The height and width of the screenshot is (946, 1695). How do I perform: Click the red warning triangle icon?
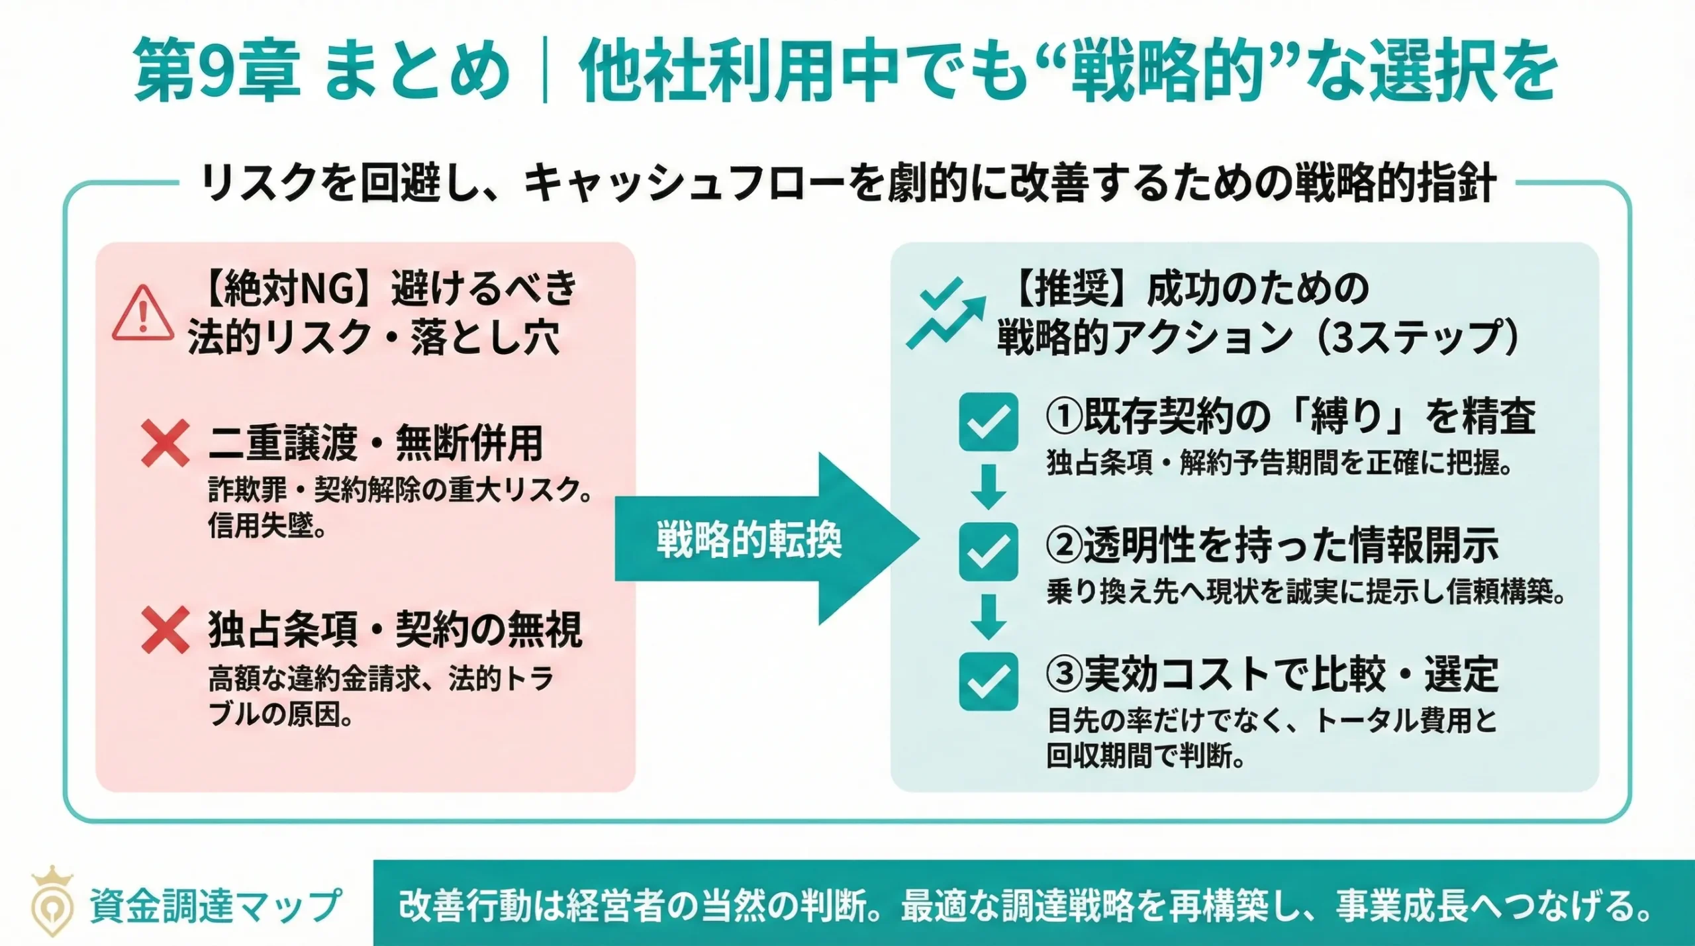pos(142,314)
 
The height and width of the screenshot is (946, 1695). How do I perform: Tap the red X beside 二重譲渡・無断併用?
pos(165,444)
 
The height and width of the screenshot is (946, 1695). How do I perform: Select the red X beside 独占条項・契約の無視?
pos(165,630)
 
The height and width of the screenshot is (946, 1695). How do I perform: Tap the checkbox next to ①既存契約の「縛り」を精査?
pos(988,422)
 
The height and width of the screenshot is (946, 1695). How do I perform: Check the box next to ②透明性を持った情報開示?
pos(988,551)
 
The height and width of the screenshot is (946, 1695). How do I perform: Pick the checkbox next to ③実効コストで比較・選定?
pos(988,681)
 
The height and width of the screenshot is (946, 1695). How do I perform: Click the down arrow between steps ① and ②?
pos(988,487)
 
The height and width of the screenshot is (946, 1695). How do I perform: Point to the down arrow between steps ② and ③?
pos(988,616)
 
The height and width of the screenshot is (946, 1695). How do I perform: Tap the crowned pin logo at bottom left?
pos(52,900)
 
